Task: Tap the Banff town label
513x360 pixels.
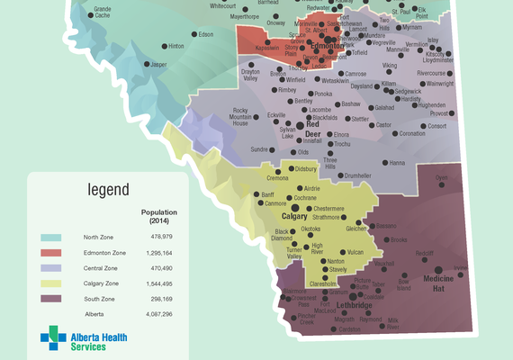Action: click(267, 194)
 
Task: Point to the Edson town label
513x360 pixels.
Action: click(206, 34)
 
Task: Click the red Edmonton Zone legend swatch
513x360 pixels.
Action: click(51, 253)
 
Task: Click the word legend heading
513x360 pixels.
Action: click(108, 190)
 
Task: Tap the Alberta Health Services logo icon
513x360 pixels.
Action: click(53, 340)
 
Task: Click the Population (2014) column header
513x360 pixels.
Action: click(159, 216)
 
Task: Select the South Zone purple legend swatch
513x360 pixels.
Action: click(51, 299)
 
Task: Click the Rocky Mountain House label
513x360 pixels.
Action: click(240, 117)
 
